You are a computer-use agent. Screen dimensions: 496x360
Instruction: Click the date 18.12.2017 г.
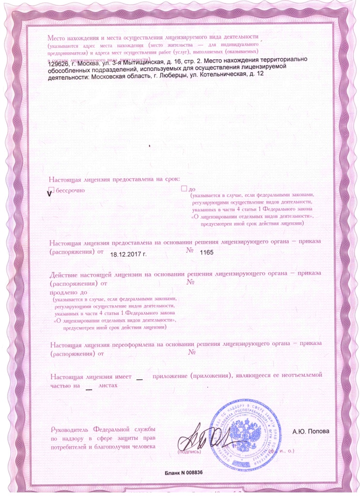tap(129, 253)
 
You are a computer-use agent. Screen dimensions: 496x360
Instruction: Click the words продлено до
tap(68, 293)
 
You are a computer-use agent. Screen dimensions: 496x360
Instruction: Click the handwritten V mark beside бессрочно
tap(48, 194)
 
